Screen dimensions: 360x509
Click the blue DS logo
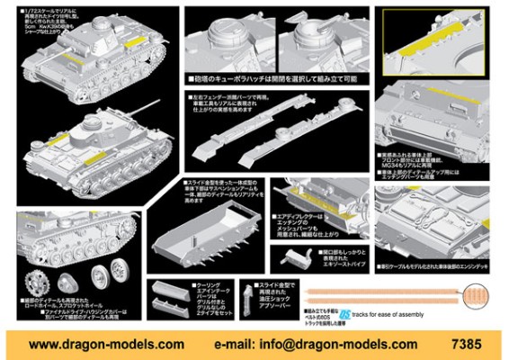click(x=344, y=315)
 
